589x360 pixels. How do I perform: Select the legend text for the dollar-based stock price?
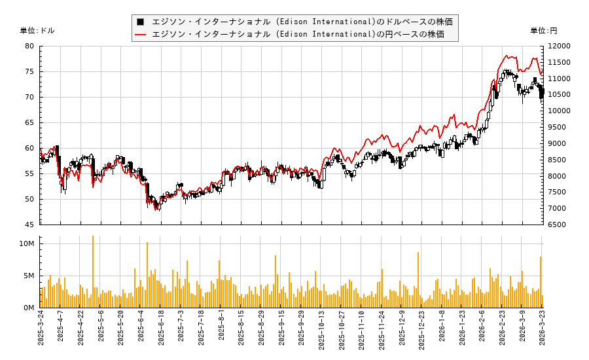(x=302, y=22)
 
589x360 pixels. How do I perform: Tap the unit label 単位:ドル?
(x=37, y=31)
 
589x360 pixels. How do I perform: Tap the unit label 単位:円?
(x=543, y=31)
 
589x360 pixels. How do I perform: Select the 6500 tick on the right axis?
(x=557, y=225)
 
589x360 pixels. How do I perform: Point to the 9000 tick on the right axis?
(x=557, y=143)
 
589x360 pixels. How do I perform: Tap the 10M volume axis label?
(x=27, y=243)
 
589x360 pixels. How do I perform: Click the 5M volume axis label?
(x=29, y=276)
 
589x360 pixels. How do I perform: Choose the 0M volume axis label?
(x=29, y=308)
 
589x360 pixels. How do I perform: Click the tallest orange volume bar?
(x=93, y=272)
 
